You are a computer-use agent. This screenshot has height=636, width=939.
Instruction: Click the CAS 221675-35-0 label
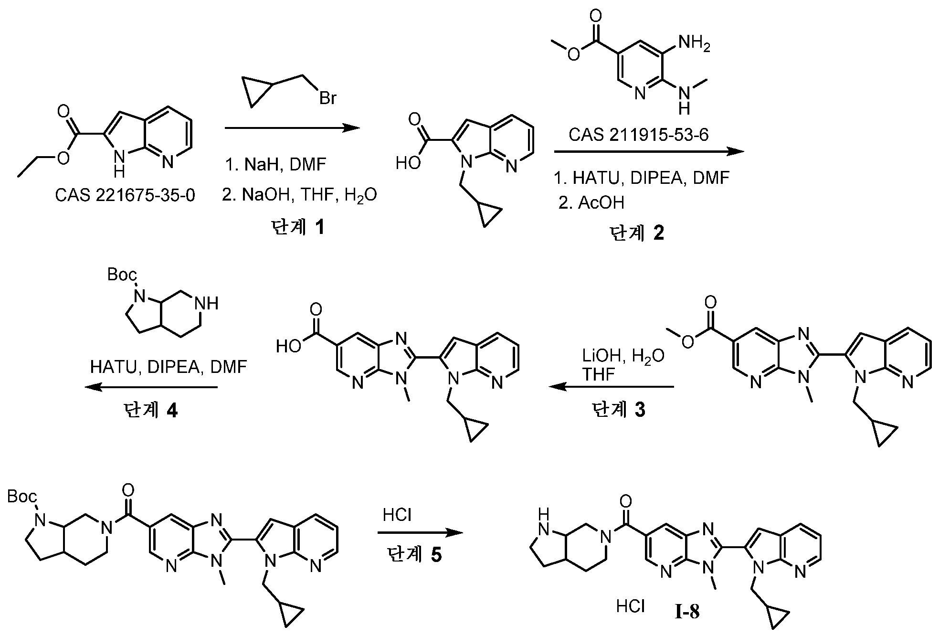[x=125, y=195]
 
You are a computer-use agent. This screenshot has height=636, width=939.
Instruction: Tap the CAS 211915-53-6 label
[x=638, y=135]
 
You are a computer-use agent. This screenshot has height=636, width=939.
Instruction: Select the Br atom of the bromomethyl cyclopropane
[x=328, y=98]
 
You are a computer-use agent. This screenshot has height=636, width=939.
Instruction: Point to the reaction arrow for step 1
[x=292, y=128]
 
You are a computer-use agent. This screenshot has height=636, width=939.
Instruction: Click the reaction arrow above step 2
[x=648, y=152]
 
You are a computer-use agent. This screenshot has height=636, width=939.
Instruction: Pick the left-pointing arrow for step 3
[x=611, y=387]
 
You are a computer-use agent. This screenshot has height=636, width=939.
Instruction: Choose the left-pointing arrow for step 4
[x=151, y=387]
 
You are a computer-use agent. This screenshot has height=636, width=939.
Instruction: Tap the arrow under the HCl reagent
[x=420, y=532]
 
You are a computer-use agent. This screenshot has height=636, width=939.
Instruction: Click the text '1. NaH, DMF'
[x=275, y=165]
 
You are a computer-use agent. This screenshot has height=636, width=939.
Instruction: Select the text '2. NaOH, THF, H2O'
[x=299, y=195]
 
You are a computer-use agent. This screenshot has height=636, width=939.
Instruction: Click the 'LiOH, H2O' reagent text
[x=622, y=356]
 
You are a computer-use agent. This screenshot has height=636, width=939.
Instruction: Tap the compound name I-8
[x=687, y=612]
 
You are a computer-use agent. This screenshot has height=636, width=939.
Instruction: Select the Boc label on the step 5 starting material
[x=22, y=497]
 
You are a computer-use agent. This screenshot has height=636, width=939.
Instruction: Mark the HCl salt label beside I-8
[x=631, y=606]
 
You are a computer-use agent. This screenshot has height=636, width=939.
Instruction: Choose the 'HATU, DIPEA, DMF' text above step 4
[x=169, y=367]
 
